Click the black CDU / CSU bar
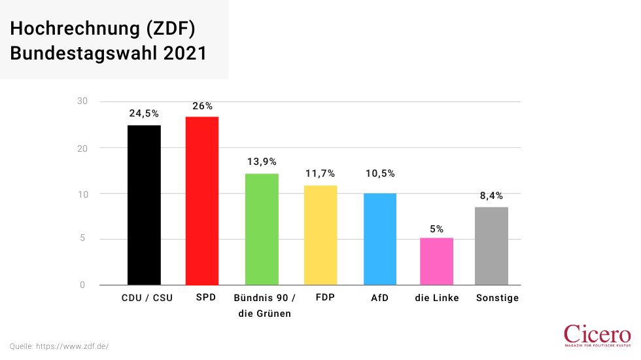point(144,205)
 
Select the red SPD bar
point(202,200)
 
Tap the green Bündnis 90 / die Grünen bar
point(262,229)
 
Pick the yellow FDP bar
point(320,235)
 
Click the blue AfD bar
point(380,239)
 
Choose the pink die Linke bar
point(436,261)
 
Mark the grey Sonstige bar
point(491,245)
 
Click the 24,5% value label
point(144,113)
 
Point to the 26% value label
point(202,105)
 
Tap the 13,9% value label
point(262,162)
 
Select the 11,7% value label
point(320,173)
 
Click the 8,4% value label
point(491,195)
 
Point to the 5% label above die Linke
point(436,228)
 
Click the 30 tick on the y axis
point(82,101)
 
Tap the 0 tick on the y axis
point(82,285)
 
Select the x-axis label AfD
point(380,298)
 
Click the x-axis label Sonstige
point(497,298)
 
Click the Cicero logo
point(597,335)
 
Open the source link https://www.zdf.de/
point(72,346)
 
